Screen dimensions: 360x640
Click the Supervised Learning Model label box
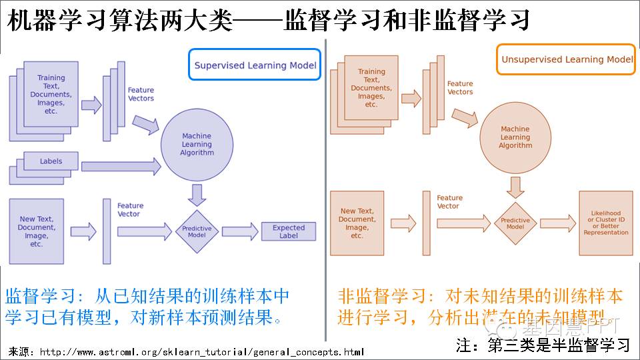click(x=255, y=65)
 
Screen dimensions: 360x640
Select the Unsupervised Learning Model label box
click(x=567, y=59)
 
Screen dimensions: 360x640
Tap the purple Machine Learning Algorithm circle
click(x=197, y=145)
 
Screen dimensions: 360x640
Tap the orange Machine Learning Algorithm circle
click(x=515, y=137)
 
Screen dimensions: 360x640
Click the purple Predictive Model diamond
click(x=197, y=231)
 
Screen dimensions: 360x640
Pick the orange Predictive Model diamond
click(x=515, y=223)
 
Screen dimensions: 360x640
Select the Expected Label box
click(x=288, y=231)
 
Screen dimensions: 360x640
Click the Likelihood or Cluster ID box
click(x=605, y=223)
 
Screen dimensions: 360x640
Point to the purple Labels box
click(x=51, y=161)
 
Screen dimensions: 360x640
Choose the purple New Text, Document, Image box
click(x=37, y=231)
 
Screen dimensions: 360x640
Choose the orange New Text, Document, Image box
click(x=357, y=223)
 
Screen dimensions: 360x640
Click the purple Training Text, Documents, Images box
click(x=51, y=94)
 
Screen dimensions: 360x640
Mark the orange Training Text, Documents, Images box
click(x=371, y=87)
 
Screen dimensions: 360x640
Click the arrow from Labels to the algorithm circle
click(x=120, y=167)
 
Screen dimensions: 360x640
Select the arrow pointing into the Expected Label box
click(x=240, y=231)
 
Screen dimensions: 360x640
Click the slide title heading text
click(x=268, y=20)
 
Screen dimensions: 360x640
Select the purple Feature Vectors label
click(x=141, y=94)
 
